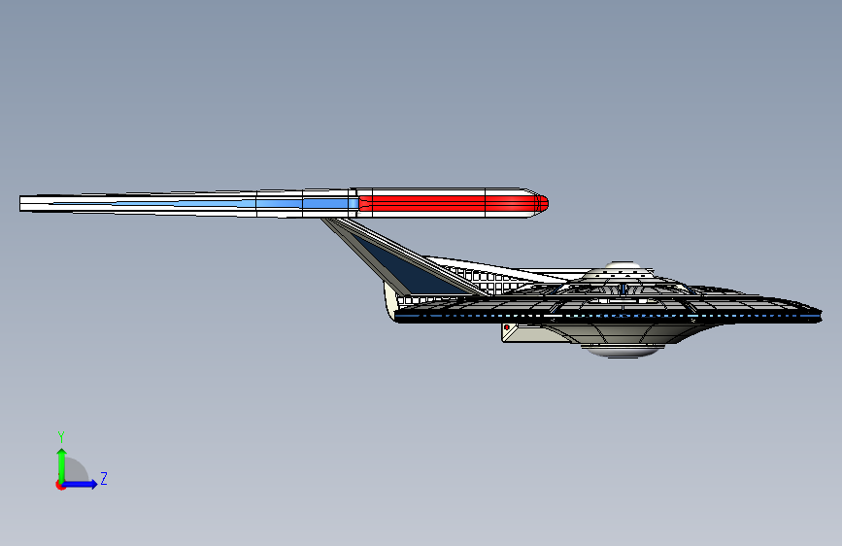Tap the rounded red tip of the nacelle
542,203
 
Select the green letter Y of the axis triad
60,436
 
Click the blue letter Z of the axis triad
103,478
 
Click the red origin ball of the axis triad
60,485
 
